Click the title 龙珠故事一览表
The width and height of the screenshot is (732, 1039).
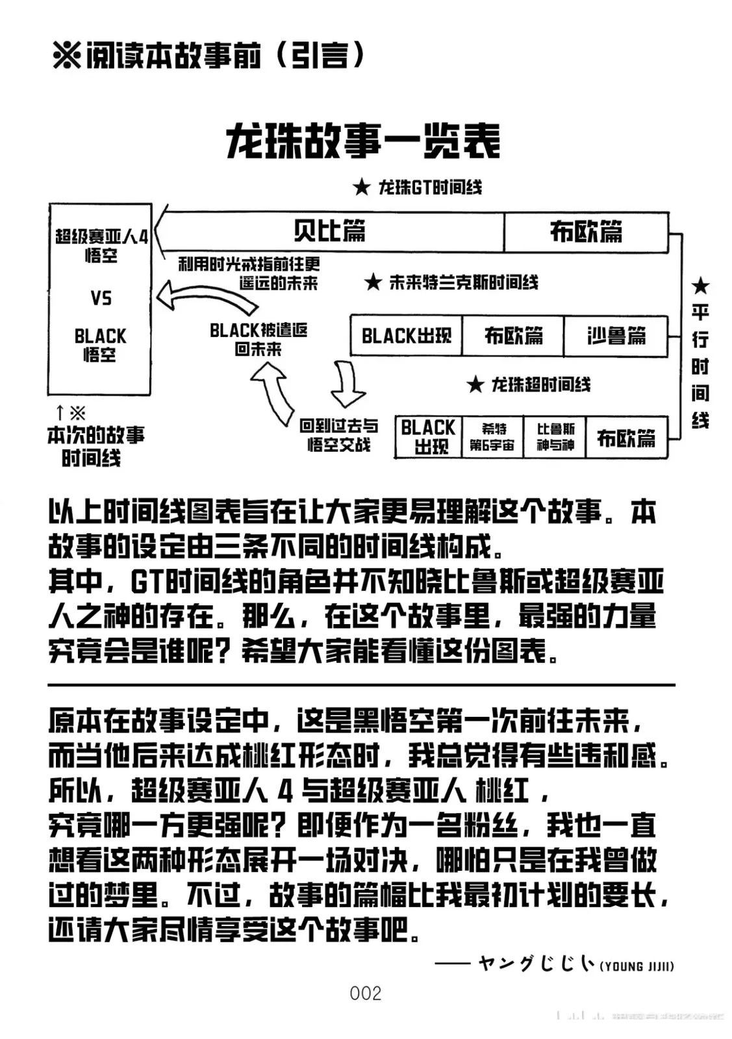tap(364, 141)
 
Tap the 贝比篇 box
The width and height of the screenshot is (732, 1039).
tap(329, 231)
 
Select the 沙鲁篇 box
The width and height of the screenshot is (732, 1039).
tap(616, 336)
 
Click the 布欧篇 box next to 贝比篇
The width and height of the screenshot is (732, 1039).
tap(586, 231)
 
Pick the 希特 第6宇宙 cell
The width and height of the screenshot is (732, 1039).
tap(492, 437)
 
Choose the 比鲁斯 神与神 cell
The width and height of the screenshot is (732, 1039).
tap(555, 437)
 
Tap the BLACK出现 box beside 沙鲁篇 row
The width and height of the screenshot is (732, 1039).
tap(406, 336)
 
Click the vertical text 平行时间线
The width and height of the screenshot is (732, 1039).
tap(700, 354)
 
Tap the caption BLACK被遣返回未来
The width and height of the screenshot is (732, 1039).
tap(259, 339)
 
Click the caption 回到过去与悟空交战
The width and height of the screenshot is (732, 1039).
tap(338, 435)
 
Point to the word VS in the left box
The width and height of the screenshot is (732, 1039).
tap(101, 299)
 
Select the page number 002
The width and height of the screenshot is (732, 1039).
tap(365, 993)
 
